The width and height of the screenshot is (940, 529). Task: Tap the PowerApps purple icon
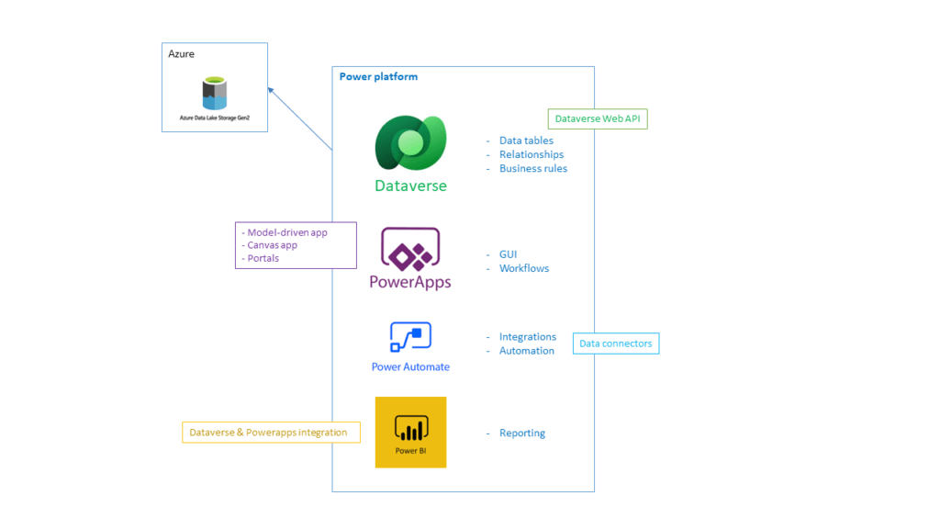[x=410, y=248]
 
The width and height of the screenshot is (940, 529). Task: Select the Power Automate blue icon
[x=410, y=337]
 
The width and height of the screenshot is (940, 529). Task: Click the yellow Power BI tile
[x=410, y=432]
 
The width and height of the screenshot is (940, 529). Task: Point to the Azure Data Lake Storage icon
[x=215, y=94]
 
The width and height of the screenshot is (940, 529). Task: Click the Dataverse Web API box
[x=597, y=118]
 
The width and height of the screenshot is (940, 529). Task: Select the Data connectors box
[x=616, y=343]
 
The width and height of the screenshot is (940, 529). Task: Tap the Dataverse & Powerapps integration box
[x=270, y=432]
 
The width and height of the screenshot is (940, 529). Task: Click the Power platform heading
[x=378, y=76]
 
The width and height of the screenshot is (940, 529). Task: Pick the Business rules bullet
[x=532, y=168]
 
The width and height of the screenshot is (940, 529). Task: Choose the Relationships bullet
[x=531, y=154]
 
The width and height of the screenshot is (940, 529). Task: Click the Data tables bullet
[x=526, y=141]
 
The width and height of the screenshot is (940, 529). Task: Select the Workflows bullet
[x=524, y=268]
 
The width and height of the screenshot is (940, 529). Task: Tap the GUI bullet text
[x=508, y=254]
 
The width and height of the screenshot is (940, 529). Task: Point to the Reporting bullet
[x=521, y=433]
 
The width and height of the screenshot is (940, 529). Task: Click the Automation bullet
[x=526, y=350]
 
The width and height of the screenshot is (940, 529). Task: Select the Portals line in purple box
[x=264, y=258]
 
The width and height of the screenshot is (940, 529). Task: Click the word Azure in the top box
[x=182, y=54]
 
